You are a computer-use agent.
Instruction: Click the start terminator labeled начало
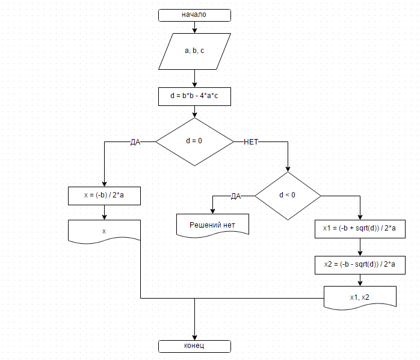[194, 14]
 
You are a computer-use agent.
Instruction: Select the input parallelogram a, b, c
[194, 51]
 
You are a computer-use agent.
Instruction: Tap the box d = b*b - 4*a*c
[194, 96]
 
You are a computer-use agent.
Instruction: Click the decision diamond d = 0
[194, 141]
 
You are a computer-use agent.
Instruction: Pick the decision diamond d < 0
[288, 196]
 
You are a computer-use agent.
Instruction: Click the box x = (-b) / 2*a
[105, 196]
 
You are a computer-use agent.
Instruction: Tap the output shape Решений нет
[212, 225]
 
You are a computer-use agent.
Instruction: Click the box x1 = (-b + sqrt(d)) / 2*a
[360, 228]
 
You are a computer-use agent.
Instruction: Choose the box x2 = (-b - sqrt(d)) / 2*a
[360, 264]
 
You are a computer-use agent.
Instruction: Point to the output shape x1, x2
[360, 297]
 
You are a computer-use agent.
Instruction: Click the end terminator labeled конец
[194, 346]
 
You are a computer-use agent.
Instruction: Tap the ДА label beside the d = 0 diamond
[135, 142]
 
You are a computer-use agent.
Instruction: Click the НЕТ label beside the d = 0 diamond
[252, 142]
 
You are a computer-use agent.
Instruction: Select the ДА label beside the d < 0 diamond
[236, 196]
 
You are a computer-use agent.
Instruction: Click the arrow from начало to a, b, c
[194, 27]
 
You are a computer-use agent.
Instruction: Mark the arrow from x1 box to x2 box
[360, 246]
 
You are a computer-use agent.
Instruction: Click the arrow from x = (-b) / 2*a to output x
[105, 213]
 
